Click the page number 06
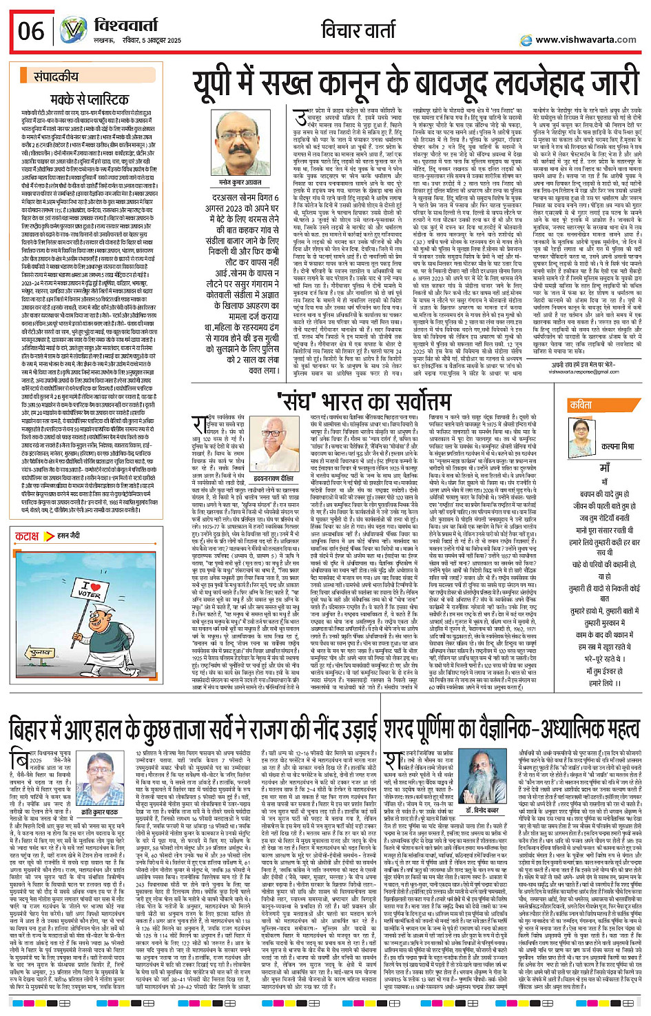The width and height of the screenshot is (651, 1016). point(31,31)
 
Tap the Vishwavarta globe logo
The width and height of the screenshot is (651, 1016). point(72,30)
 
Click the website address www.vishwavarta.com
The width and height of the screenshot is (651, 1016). point(585,40)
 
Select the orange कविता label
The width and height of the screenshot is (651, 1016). point(581,405)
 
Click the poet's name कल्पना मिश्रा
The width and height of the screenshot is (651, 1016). point(604,446)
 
